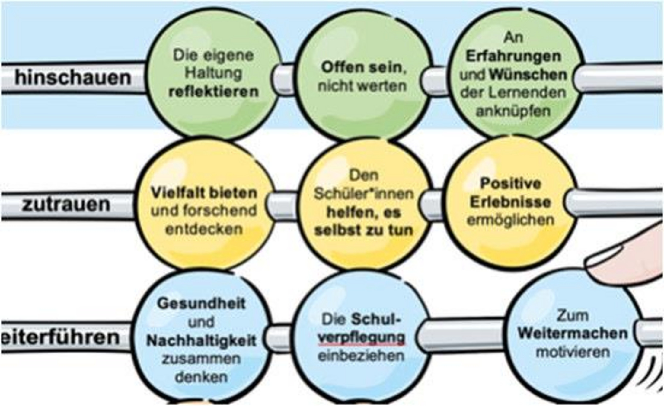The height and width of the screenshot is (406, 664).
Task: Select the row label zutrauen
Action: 66,205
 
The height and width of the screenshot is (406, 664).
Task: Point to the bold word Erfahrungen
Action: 513,56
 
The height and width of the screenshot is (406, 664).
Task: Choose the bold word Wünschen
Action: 528,75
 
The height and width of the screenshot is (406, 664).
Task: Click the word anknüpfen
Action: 513,111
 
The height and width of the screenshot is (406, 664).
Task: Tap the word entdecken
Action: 204,229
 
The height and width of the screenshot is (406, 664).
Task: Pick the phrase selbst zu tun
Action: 364,230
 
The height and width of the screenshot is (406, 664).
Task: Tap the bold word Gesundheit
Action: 201,304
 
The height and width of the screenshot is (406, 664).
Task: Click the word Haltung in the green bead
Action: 213,73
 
